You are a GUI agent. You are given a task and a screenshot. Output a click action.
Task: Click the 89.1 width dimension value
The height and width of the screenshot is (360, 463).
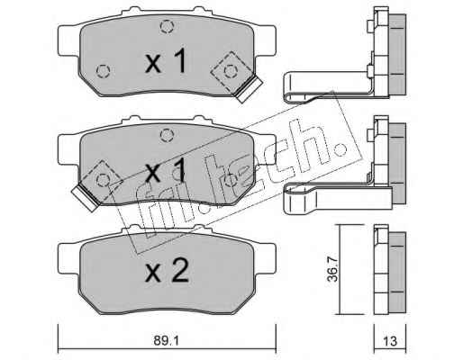tap(166, 341)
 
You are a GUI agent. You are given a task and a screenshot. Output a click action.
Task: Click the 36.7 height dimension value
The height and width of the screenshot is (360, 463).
tap(332, 269)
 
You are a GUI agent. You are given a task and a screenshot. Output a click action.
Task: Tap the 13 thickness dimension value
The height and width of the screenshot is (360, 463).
tap(390, 341)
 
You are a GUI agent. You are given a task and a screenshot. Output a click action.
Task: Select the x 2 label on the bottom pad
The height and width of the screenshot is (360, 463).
tap(167, 271)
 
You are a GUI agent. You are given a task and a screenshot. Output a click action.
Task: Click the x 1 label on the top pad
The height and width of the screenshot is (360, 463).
tap(166, 61)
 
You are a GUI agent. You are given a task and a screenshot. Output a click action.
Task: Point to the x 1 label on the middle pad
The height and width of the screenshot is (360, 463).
tap(166, 171)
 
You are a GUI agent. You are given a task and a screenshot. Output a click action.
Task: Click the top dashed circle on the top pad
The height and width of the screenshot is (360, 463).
tap(167, 26)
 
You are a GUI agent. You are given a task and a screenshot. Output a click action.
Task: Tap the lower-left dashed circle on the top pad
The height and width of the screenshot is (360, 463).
tap(103, 71)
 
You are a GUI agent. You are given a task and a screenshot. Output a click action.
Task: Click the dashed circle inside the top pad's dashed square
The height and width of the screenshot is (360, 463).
tap(231, 71)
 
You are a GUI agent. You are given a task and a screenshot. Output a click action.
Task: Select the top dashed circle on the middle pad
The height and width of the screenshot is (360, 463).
tap(167, 135)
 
